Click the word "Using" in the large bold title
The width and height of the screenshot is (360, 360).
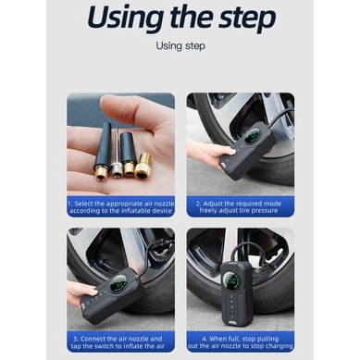pos(126,18)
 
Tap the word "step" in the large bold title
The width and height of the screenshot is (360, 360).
pos(247,18)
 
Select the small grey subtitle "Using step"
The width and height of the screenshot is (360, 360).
pos(180,46)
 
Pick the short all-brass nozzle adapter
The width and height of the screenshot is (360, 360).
pos(143,166)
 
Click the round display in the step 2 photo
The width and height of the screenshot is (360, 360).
pos(253,136)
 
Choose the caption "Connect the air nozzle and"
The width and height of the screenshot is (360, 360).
pos(118,339)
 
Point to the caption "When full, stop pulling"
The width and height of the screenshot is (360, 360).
pos(241,339)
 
